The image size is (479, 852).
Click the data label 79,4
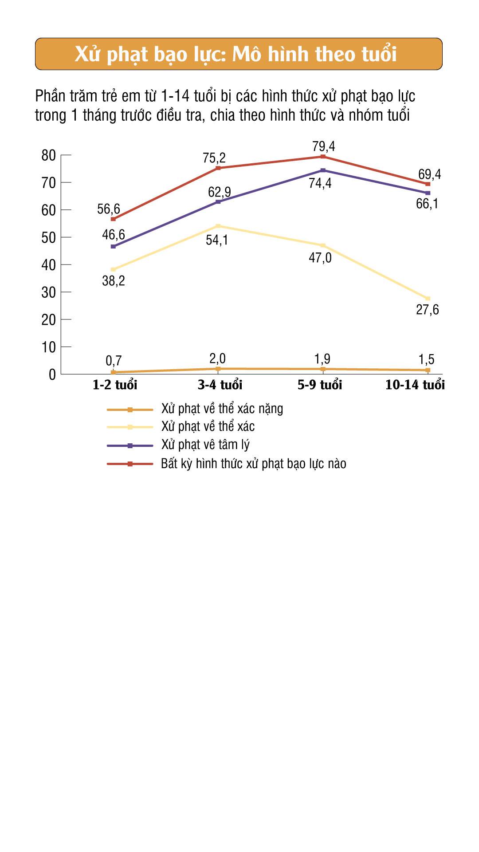click(323, 146)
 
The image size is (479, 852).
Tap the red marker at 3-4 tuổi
click(218, 168)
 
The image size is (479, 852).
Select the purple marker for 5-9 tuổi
click(323, 170)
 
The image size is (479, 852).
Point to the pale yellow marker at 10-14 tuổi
click(428, 299)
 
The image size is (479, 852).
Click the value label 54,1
click(217, 240)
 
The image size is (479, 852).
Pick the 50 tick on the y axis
click(48, 237)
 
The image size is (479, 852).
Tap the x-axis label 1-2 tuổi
click(115, 385)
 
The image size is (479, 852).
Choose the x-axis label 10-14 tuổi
click(415, 385)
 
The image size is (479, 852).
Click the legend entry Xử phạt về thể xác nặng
click(222, 409)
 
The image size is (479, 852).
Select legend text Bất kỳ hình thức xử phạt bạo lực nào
click(253, 464)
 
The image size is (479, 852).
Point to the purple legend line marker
click(130, 445)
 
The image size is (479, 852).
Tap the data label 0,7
click(114, 361)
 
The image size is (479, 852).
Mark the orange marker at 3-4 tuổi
click(218, 369)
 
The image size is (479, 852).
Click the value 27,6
click(427, 310)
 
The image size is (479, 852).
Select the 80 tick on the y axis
click(48, 155)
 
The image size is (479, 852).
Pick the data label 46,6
click(114, 234)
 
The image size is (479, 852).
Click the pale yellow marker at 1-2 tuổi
click(113, 269)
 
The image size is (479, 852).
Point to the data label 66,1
click(427, 204)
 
